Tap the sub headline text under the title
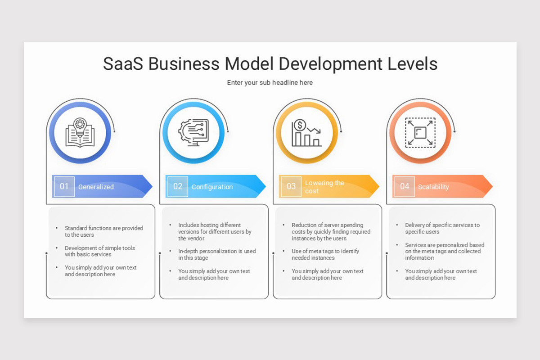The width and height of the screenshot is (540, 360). tap(270, 83)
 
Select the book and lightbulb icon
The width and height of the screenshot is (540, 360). tap(80, 133)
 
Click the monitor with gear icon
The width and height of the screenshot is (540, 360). tap(193, 133)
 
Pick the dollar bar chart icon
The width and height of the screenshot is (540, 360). tap(306, 133)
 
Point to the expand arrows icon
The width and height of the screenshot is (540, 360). tap(420, 133)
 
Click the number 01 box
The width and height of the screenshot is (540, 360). tap(64, 186)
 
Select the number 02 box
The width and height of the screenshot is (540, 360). tap(178, 186)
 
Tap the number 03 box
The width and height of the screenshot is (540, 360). tap(291, 186)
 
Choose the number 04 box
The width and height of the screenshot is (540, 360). tap(405, 186)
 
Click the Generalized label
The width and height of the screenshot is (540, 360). tap(96, 187)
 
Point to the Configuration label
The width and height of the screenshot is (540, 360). tap(212, 187)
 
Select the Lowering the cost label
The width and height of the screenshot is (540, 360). tap(324, 187)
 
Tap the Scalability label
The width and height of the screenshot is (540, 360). tap(433, 187)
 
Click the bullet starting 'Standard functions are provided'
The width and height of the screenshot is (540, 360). tap(103, 231)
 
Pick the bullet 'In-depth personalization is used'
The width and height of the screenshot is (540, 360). tap(216, 255)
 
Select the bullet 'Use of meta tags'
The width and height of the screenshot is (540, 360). tap(325, 255)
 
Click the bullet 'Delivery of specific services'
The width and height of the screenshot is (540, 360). tap(442, 228)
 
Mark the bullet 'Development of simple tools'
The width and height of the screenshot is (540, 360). tap(99, 251)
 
